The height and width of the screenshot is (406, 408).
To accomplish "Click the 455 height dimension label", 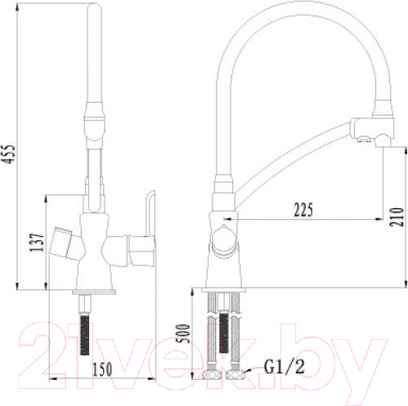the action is [x=10, y=154].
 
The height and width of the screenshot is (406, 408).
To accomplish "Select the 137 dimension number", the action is [x=37, y=243].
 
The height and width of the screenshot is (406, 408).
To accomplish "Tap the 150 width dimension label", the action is [x=102, y=369].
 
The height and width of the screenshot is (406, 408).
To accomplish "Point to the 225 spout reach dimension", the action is [x=303, y=210].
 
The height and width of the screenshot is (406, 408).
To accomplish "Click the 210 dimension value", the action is [x=397, y=216].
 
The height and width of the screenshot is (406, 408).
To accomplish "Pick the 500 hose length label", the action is [x=182, y=333].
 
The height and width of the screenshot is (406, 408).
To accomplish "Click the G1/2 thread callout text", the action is [x=285, y=367].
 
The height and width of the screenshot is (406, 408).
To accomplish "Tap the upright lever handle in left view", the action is [x=150, y=213].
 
